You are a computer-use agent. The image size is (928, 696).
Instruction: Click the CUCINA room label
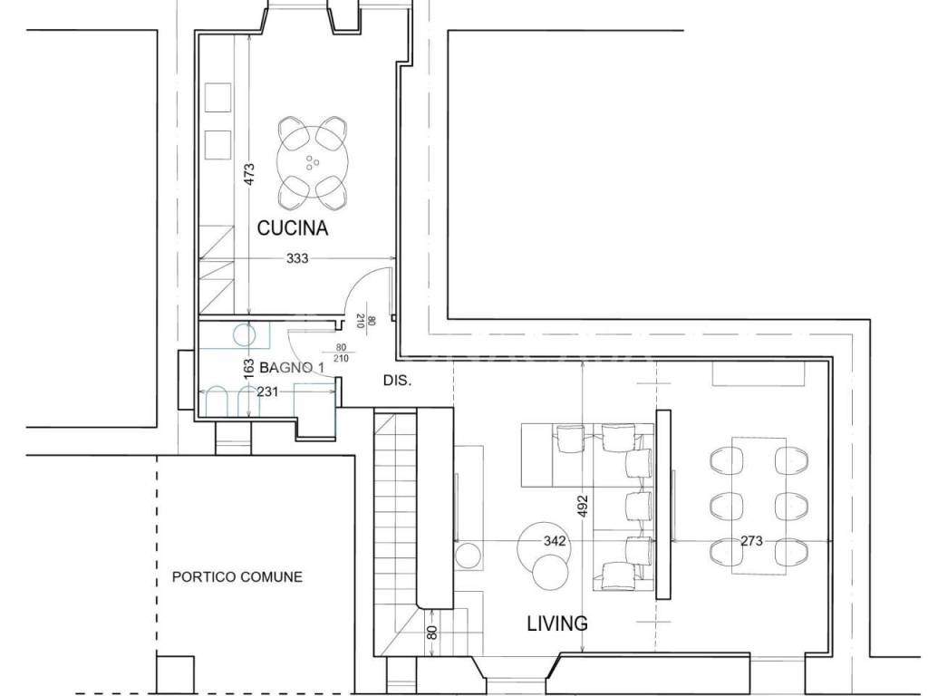(x=293, y=227)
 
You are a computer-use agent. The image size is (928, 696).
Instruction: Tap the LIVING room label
(x=557, y=623)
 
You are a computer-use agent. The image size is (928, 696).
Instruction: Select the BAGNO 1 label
(x=293, y=368)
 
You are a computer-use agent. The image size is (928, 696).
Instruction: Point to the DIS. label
(x=397, y=381)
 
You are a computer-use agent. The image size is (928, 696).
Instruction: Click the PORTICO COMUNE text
(x=237, y=576)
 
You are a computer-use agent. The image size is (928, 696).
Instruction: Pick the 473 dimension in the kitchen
(x=249, y=174)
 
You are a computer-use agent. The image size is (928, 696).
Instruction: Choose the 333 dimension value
(x=297, y=258)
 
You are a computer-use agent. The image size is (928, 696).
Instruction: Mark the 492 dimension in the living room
(x=583, y=506)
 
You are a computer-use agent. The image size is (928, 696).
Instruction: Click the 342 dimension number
(x=555, y=540)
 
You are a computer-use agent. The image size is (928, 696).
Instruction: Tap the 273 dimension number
(x=751, y=540)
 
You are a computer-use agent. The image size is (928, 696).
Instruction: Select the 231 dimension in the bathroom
(x=267, y=391)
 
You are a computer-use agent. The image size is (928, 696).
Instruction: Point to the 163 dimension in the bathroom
(x=249, y=370)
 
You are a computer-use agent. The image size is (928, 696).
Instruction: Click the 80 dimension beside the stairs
(x=432, y=632)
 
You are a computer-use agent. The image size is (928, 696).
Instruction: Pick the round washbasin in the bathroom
(x=245, y=334)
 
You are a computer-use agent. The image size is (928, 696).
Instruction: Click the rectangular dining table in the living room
(x=759, y=506)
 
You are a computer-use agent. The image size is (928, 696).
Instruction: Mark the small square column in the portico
(x=175, y=674)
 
